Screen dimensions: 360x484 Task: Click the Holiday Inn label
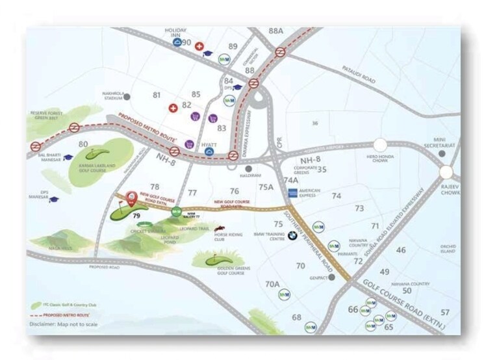coord(176,31)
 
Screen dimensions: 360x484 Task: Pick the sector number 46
coord(401,250)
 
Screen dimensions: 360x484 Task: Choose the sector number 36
coord(315,123)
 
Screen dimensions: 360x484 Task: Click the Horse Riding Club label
coord(231,237)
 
